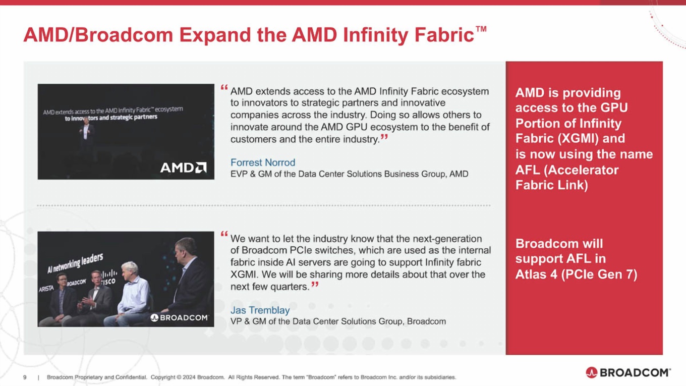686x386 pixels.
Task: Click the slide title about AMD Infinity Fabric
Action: tap(249, 35)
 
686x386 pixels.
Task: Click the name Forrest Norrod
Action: tap(262, 162)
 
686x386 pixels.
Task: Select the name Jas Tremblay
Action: tap(260, 310)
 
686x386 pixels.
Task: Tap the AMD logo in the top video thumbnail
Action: tap(183, 168)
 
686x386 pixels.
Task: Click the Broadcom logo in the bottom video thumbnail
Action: tap(180, 317)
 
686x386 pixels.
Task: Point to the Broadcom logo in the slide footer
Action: tap(628, 372)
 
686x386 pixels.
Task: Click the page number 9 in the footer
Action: tap(25, 377)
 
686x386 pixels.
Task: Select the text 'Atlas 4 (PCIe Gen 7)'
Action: tap(576, 274)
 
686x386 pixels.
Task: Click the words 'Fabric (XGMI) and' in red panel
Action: tap(570, 138)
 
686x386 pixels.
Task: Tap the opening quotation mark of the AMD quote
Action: tap(224, 88)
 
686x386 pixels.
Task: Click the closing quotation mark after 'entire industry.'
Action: tap(384, 137)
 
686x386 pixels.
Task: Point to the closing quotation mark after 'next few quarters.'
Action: tap(315, 285)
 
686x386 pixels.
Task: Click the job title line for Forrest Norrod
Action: tap(349, 174)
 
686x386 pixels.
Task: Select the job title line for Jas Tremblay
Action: tap(338, 321)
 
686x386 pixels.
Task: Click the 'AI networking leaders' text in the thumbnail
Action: tap(75, 263)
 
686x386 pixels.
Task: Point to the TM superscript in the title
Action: tap(481, 29)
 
